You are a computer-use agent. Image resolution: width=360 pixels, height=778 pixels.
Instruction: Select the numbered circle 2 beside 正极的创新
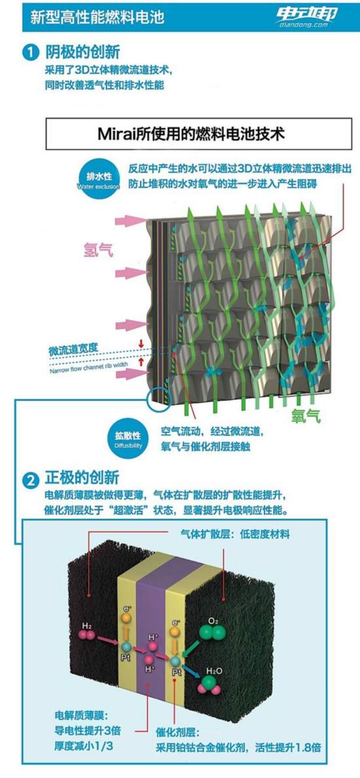pos(31,480)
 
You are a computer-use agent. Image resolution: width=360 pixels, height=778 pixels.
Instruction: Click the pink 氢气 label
pos(98,249)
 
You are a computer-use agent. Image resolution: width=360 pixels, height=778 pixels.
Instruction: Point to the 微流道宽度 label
pos(73,351)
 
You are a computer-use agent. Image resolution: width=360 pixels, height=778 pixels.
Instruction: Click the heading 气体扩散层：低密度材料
pos(236,534)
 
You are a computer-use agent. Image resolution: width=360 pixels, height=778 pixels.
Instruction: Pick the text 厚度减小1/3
pos(81,745)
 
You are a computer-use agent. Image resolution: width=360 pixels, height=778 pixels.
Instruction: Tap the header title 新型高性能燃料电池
pos(97,18)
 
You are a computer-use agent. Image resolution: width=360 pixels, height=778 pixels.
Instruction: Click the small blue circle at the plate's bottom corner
pos(158,398)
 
